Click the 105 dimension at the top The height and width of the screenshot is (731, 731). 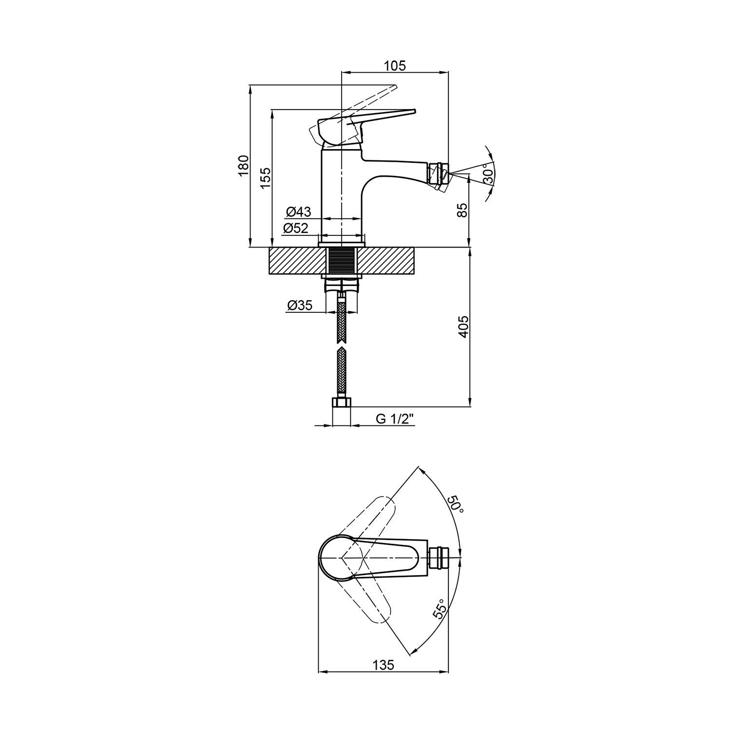(395, 66)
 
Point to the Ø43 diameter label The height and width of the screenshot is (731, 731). (298, 212)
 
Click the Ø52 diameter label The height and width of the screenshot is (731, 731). (296, 228)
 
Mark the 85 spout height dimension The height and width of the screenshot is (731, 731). (462, 210)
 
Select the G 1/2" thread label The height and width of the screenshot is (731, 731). (395, 419)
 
